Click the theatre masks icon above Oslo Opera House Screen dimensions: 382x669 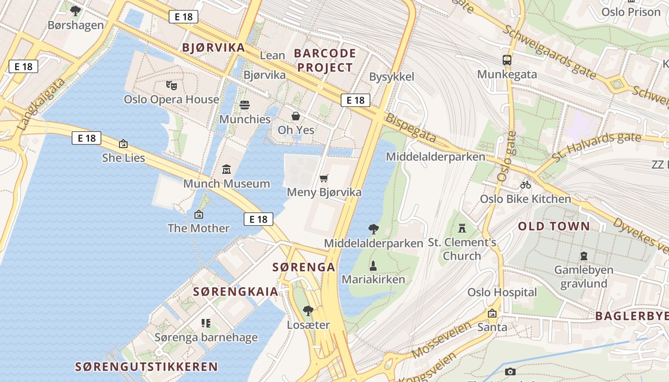click(x=172, y=85)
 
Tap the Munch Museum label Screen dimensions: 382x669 click(x=227, y=183)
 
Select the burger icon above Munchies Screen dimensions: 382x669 click(x=245, y=105)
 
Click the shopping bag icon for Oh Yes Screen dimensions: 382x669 click(x=296, y=116)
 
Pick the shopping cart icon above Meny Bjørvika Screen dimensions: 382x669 click(x=324, y=179)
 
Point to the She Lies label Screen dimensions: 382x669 click(x=123, y=158)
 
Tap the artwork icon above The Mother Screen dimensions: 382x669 click(x=199, y=214)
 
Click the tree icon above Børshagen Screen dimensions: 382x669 click(x=76, y=11)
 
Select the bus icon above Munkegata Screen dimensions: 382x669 click(x=507, y=60)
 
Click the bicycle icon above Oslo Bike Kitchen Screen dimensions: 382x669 click(x=526, y=184)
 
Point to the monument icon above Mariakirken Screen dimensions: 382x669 click(x=373, y=265)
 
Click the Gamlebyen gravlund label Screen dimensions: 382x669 click(x=583, y=277)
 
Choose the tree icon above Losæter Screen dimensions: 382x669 click(x=308, y=311)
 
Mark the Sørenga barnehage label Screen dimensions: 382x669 click(x=206, y=338)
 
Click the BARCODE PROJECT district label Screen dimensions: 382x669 click(x=325, y=60)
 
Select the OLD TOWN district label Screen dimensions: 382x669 click(x=554, y=226)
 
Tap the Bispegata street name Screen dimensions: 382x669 click(x=410, y=128)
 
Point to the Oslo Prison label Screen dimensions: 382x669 click(x=631, y=11)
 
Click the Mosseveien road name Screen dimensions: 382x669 click(x=434, y=340)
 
